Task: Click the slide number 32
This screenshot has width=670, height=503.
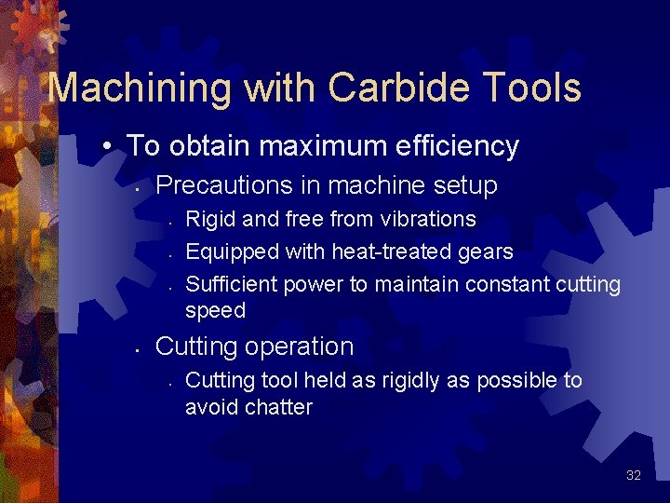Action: [634, 476]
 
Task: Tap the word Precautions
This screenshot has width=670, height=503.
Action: [219, 185]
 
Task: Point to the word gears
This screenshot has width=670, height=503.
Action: [486, 251]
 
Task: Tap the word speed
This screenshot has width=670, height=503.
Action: [215, 310]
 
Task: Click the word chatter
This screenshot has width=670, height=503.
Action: [276, 407]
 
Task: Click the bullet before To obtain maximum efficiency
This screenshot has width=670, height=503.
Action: [109, 147]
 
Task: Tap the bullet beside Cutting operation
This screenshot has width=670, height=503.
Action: [137, 348]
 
